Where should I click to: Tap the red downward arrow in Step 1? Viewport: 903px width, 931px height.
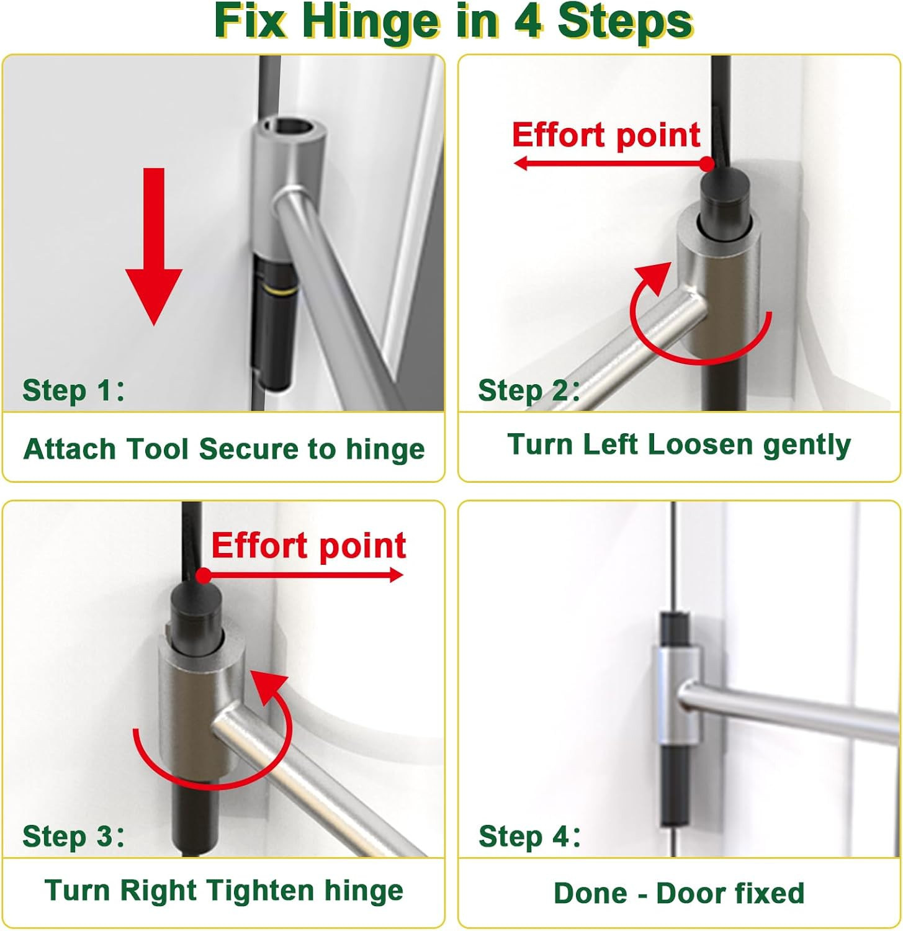[x=154, y=248]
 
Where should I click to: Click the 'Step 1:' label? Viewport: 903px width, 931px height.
[x=73, y=390]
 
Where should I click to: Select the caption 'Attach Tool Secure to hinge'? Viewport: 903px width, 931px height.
[x=224, y=449]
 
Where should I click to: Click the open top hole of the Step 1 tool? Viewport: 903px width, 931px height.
[x=289, y=126]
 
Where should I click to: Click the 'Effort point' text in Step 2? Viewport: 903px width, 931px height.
[x=606, y=135]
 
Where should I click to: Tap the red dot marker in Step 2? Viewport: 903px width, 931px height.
[x=707, y=163]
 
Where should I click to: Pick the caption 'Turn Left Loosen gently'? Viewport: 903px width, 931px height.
[x=679, y=444]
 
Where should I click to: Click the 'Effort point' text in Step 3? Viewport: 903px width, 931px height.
[x=308, y=546]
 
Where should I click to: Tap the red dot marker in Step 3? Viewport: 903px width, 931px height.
[x=203, y=575]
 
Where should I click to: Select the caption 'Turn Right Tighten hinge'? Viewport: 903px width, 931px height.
[x=224, y=891]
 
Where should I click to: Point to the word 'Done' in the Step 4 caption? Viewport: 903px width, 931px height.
[x=590, y=894]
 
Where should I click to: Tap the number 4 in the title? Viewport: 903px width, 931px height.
[x=528, y=22]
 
